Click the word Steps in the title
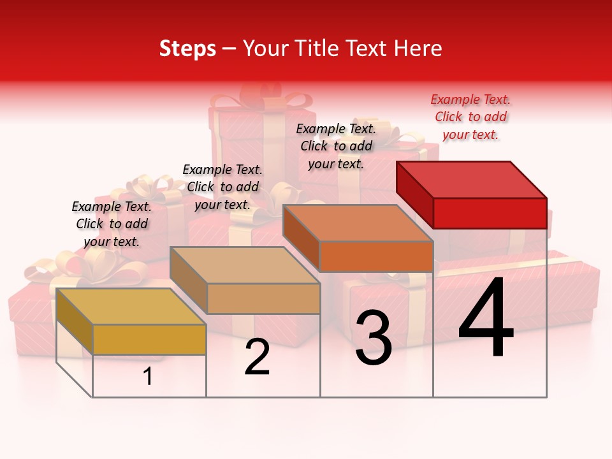[187, 48]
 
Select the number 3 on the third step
[374, 338]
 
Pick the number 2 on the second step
[257, 357]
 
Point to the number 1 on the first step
[148, 377]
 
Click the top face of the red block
[472, 179]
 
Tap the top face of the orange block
[358, 223]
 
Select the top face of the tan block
[245, 265]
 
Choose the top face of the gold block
[131, 307]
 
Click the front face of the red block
[490, 213]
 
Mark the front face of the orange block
[376, 256]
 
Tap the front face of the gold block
[149, 339]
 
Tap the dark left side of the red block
[414, 191]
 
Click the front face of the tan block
[263, 298]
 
